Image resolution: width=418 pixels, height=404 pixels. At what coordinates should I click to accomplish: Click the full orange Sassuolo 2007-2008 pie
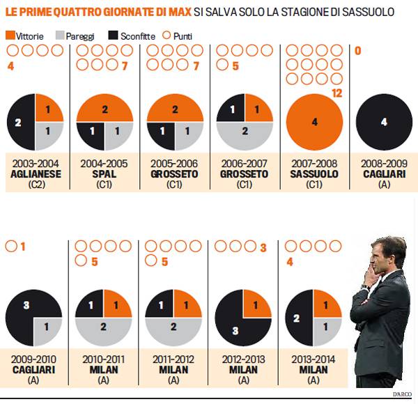click(314, 121)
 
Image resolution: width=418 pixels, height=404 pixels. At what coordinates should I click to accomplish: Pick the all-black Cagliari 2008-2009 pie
click(384, 121)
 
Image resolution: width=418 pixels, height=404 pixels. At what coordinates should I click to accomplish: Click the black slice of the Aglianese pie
click(20, 121)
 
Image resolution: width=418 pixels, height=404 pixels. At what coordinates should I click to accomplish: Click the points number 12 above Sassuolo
click(339, 92)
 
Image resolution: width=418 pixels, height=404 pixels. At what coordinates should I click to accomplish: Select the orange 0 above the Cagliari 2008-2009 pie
click(358, 50)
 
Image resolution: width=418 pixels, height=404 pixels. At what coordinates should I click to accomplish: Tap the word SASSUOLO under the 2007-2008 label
click(314, 173)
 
